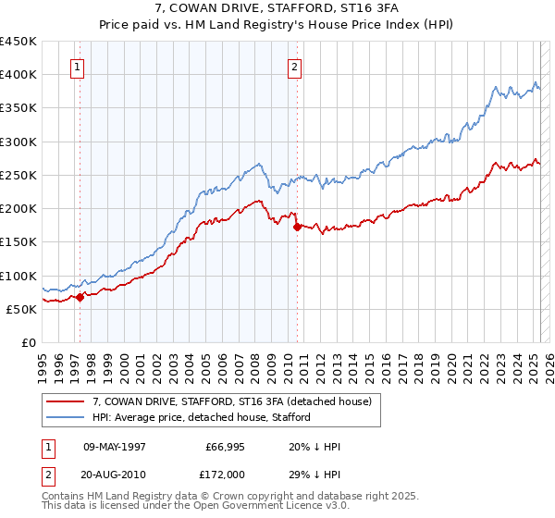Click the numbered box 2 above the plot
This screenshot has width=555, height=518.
(294, 67)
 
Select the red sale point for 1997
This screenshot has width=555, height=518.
(80, 297)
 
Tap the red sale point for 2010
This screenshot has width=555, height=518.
(297, 226)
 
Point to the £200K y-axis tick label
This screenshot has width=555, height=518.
(18, 208)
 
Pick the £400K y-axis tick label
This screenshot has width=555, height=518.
(18, 74)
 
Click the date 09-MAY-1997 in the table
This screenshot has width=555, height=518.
(115, 447)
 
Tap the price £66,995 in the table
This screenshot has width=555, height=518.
(221, 447)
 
